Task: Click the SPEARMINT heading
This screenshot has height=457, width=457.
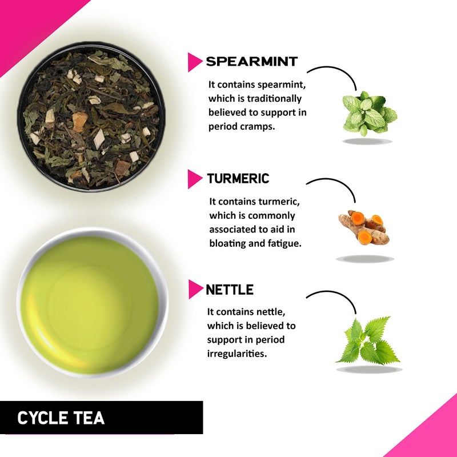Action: [252, 62]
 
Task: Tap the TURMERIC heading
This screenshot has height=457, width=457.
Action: [238, 179]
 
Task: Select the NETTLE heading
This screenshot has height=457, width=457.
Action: [230, 290]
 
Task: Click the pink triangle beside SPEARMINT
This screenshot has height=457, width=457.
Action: [195, 62]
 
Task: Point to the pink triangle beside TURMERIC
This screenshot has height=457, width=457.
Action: [195, 179]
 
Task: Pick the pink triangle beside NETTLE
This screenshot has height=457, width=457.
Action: [195, 290]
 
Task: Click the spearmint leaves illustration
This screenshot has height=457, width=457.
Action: [369, 113]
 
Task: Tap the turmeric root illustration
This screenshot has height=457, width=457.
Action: [363, 227]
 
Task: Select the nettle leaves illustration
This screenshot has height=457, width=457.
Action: [368, 341]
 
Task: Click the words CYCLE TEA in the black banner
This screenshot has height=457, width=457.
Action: [61, 418]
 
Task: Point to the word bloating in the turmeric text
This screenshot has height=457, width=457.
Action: [227, 243]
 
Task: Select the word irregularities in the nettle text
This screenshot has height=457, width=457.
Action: [237, 354]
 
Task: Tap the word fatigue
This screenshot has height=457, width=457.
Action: [284, 243]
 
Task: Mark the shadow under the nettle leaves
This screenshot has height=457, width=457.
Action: [369, 370]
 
